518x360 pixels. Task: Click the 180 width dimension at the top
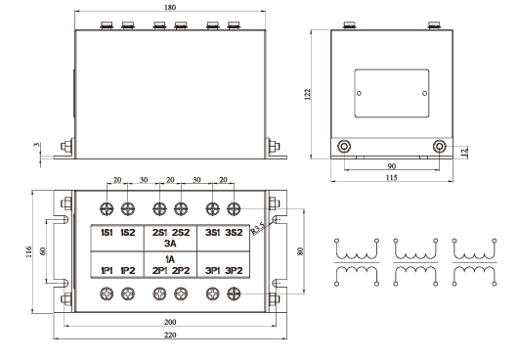click(170, 7)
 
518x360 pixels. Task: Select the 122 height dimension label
click(307, 94)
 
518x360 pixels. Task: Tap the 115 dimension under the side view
click(392, 177)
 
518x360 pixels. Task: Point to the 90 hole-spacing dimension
click(392, 166)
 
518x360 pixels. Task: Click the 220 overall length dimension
click(170, 335)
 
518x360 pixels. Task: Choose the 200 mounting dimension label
click(170, 322)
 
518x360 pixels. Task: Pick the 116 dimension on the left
click(28, 251)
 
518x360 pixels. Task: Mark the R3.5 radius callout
click(258, 229)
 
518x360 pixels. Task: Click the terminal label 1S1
click(107, 233)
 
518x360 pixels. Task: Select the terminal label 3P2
click(234, 271)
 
